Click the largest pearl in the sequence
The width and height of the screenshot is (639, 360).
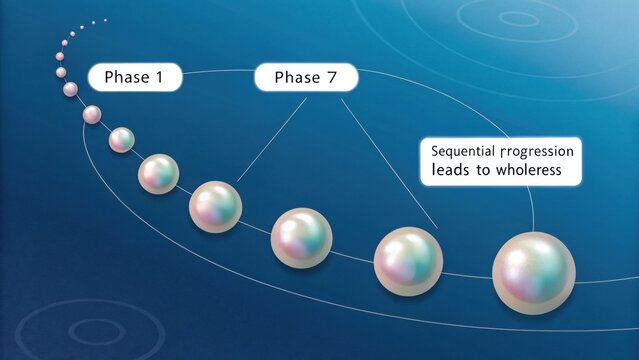[534, 268]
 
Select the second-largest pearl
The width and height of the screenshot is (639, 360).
[408, 260]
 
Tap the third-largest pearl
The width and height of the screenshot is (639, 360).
[301, 237]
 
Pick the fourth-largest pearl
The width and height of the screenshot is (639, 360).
[216, 205]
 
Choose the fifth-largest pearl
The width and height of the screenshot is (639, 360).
[159, 173]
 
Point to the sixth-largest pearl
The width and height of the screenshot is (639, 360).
[122, 140]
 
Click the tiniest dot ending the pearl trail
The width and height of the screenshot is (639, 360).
[105, 17]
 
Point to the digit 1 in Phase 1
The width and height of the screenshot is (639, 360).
[157, 78]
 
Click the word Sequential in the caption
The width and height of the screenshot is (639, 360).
[464, 151]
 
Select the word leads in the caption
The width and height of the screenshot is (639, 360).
[448, 171]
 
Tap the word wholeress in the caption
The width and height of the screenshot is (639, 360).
[521, 171]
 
